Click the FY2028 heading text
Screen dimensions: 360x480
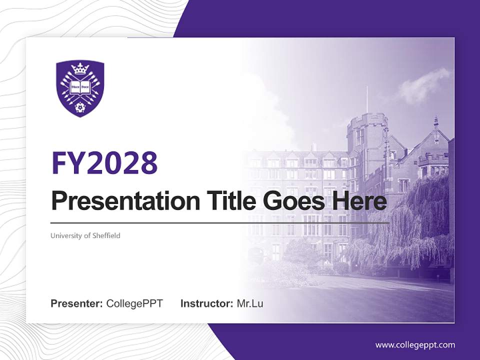[x=104, y=162]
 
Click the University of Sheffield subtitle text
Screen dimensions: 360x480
[x=85, y=235]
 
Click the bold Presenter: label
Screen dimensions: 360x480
[x=77, y=303]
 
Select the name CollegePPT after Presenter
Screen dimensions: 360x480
[x=134, y=303]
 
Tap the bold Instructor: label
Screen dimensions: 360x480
[x=206, y=303]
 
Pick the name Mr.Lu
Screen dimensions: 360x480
[x=250, y=303]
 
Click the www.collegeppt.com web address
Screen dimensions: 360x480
[x=415, y=345]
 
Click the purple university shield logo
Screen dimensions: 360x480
[x=80, y=89]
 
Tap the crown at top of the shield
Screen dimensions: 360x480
[x=80, y=69]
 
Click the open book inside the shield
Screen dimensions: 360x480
[x=80, y=86]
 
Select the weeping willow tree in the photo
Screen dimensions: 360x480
[x=410, y=225]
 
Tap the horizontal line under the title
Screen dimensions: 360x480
[x=220, y=222]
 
